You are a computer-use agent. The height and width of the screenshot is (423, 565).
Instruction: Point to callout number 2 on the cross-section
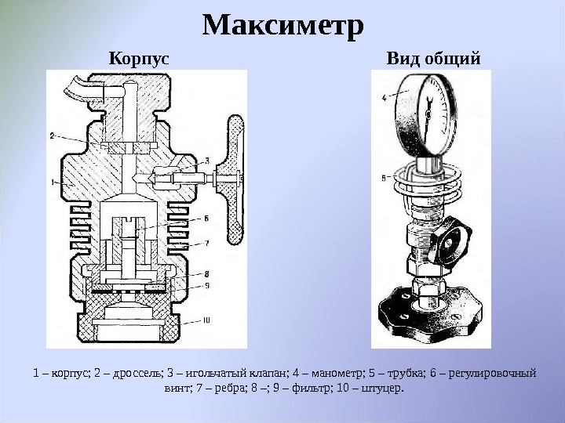pyautogui.click(x=52, y=135)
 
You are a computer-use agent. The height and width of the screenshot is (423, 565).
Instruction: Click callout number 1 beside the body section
pyautogui.click(x=52, y=182)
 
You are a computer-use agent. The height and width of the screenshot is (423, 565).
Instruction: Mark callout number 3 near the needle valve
pyautogui.click(x=206, y=161)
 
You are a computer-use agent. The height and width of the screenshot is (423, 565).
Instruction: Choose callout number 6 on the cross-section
pyautogui.click(x=206, y=219)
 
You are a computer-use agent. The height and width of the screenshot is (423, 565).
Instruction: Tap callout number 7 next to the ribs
pyautogui.click(x=206, y=244)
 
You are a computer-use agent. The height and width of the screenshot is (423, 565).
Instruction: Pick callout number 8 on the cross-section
pyautogui.click(x=206, y=273)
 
